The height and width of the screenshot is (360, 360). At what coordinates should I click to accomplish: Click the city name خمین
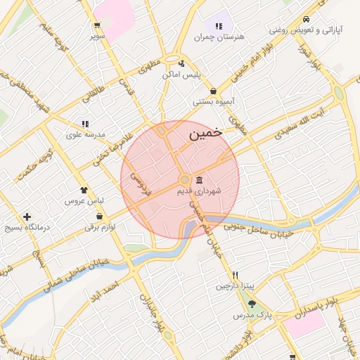coord(205,132)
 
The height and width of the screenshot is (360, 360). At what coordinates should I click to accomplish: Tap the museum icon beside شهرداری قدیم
coord(200,180)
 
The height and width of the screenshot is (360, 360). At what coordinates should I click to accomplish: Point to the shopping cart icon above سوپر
coord(96,25)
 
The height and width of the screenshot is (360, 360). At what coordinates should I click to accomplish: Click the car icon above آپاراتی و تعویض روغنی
coord(306,20)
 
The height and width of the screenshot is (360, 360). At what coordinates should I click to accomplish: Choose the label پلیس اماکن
coord(181,74)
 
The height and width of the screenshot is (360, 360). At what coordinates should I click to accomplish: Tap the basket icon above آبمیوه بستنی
coord(213,91)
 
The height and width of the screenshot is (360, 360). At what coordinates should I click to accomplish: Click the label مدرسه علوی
coord(86,134)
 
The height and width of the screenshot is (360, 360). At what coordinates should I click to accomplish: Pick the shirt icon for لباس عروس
coord(84,190)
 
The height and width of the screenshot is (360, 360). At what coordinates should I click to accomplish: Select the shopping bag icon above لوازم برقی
coord(99,216)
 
